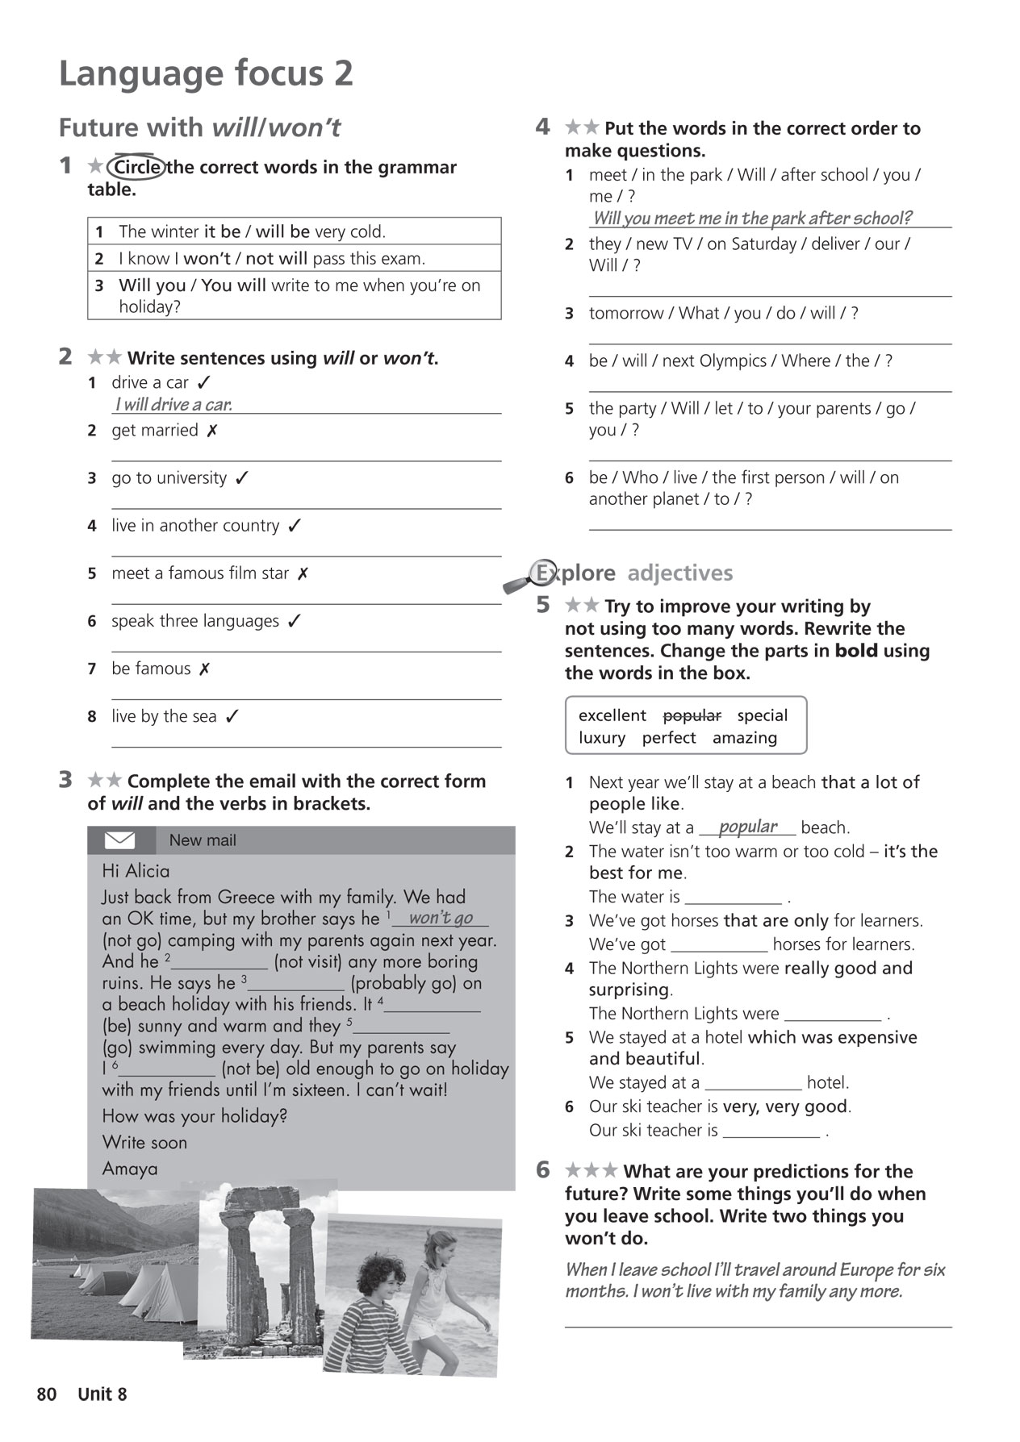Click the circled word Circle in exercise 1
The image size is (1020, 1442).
coord(136,167)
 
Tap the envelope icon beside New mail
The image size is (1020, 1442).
coord(120,840)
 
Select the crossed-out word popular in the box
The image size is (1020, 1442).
coord(692,715)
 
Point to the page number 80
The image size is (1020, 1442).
coord(47,1394)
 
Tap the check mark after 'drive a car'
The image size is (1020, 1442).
coord(204,382)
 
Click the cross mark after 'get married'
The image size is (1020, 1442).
coord(211,431)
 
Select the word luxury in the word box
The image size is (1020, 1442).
coord(602,738)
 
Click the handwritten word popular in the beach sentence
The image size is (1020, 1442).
coord(747,827)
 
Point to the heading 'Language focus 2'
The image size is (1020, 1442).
coord(206,73)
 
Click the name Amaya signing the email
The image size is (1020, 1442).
coord(130,1169)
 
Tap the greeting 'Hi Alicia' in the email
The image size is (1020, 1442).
coord(136,871)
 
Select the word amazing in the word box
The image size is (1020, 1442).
coord(744,738)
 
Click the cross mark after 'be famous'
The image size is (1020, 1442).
coord(205,669)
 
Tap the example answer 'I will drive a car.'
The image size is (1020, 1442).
coord(173,405)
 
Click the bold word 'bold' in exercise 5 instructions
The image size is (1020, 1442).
coord(856,651)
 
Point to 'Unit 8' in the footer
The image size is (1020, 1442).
coord(102,1394)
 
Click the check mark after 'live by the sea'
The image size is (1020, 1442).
coord(232,716)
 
